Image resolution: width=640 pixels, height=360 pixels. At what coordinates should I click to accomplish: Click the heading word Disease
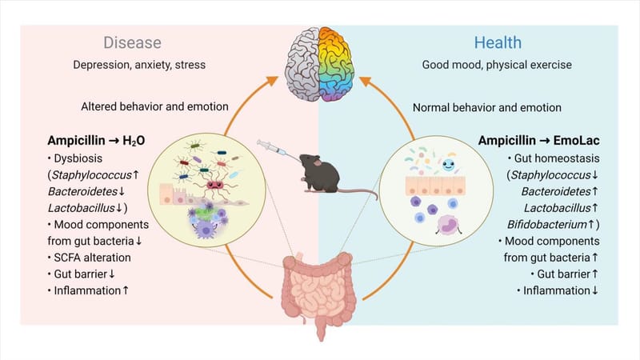[132, 42]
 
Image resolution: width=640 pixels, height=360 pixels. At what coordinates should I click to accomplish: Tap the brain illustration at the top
[320, 64]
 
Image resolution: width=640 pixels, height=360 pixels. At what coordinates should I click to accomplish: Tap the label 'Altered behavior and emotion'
[155, 106]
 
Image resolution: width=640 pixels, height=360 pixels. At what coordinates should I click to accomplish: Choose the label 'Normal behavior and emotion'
[486, 106]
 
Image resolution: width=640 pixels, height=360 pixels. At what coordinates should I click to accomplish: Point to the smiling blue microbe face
[449, 170]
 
